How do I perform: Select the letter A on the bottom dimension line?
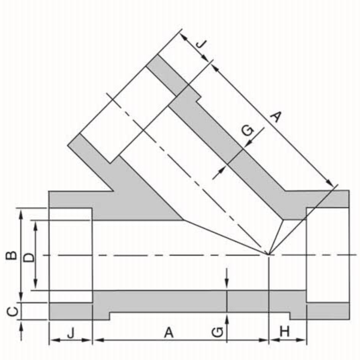click(x=169, y=332)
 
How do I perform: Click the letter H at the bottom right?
click(x=284, y=332)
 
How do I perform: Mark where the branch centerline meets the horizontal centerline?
click(x=269, y=255)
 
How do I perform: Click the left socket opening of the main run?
click(x=71, y=255)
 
